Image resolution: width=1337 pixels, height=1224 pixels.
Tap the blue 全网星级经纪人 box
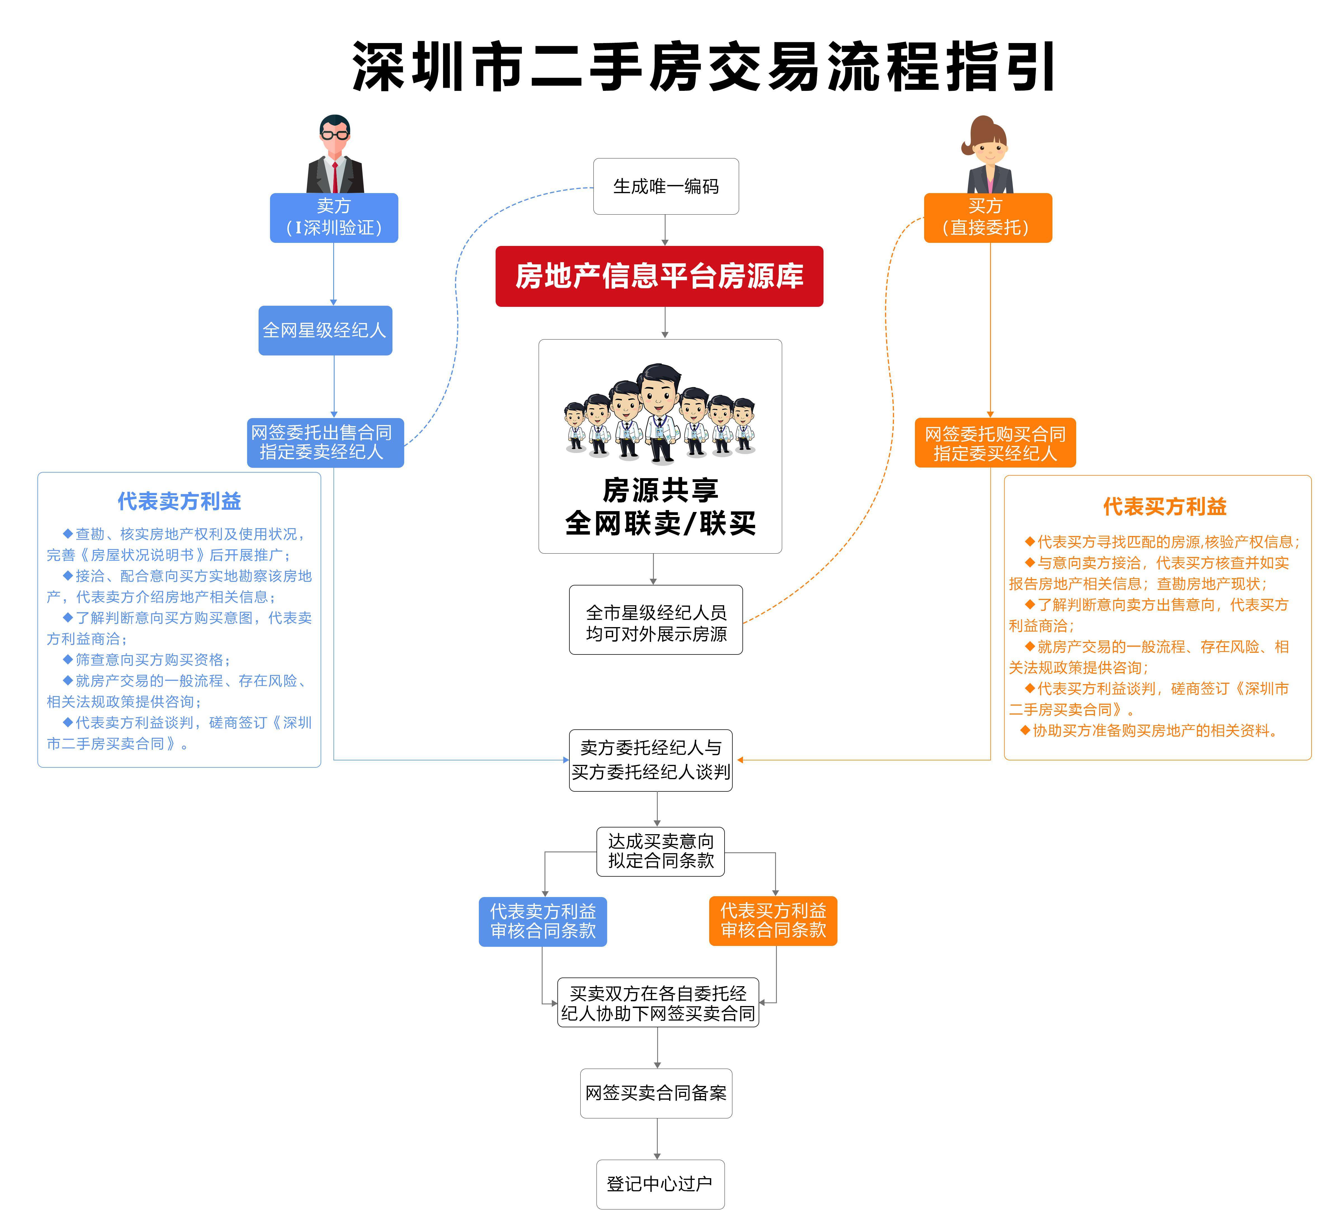(325, 330)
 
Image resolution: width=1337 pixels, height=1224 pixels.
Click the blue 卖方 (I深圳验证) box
(333, 217)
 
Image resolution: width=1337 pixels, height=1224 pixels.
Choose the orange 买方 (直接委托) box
(988, 217)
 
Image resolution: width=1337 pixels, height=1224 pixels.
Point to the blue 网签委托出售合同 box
(325, 442)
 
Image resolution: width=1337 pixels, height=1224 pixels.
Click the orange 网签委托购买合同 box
(995, 443)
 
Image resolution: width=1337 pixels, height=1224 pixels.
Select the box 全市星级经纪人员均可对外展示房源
(655, 620)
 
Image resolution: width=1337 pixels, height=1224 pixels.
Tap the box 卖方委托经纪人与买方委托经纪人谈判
(650, 760)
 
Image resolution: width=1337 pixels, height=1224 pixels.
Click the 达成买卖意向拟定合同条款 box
(661, 851)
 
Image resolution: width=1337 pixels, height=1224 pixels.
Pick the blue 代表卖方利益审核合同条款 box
(543, 921)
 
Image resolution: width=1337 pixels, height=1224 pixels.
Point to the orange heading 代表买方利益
(1165, 507)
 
